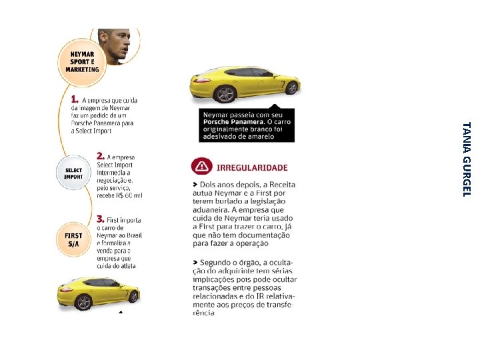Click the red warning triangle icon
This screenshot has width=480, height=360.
(201, 167)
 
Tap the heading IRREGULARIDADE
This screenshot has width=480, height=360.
(252, 167)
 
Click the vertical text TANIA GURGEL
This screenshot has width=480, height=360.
(467, 159)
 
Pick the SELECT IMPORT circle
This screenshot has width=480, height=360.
(73, 173)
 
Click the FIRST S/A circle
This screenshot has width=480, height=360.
(73, 240)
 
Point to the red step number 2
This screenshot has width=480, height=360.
(101, 155)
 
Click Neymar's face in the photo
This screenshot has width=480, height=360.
(114, 45)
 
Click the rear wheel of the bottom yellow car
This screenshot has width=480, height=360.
(83, 302)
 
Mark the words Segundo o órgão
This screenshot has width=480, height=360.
(231, 261)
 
